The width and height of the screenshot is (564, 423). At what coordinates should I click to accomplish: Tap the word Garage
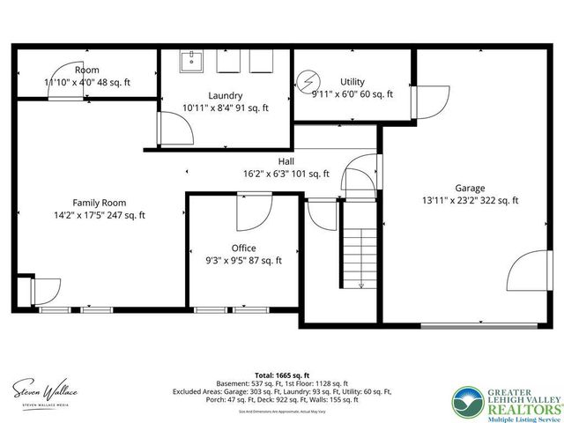tap(470, 188)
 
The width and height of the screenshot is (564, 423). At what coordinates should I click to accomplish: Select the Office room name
tap(244, 248)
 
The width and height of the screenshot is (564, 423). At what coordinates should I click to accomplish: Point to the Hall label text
tap(286, 161)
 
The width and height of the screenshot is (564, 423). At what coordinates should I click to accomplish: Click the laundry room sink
tap(192, 62)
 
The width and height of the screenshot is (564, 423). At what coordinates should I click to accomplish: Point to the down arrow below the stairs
tap(362, 285)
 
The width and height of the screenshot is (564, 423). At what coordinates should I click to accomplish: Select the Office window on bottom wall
tap(219, 309)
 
